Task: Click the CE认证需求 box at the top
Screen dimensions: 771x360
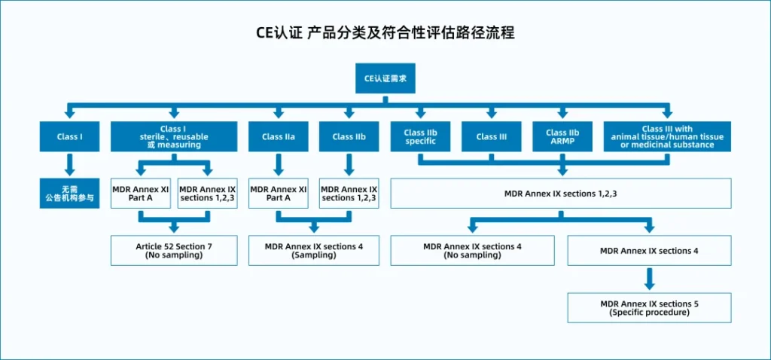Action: click(385, 78)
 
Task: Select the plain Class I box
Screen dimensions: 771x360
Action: click(70, 136)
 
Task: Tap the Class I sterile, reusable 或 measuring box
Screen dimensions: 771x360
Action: click(174, 136)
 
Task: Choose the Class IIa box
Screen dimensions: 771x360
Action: click(279, 136)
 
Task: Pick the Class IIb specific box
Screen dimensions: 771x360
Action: click(420, 136)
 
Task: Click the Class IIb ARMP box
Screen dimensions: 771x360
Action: click(562, 136)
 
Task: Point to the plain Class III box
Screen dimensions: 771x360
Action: click(492, 136)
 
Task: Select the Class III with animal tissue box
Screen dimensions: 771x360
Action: click(667, 136)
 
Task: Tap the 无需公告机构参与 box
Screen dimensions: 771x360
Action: click(70, 194)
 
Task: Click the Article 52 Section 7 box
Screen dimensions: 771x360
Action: click(174, 251)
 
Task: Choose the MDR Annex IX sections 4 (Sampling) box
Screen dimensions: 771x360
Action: click(314, 251)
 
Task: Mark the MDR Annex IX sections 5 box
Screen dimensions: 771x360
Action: click(650, 308)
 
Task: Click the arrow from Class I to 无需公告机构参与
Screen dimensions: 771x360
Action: click(70, 165)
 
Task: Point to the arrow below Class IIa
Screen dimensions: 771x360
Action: click(279, 165)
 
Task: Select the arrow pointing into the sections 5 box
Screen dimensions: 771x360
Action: click(650, 279)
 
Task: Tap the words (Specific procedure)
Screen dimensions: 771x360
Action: click(649, 313)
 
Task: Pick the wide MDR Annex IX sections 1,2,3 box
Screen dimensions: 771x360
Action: click(561, 194)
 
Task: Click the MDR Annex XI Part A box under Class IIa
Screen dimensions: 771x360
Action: click(279, 194)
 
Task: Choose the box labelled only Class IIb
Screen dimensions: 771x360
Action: click(349, 136)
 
